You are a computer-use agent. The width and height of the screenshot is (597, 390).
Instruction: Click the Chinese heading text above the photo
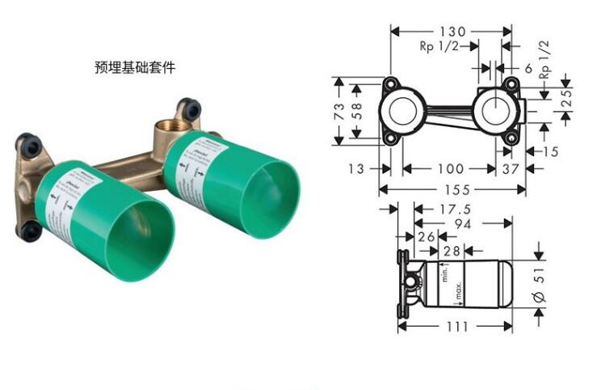click(x=135, y=68)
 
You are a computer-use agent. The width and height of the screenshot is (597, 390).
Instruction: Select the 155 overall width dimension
click(x=452, y=191)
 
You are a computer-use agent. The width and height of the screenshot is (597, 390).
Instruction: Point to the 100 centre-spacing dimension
click(x=449, y=168)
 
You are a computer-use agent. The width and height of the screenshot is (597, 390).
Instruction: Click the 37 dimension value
click(x=511, y=168)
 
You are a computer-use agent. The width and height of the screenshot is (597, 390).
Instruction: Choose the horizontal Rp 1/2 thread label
click(x=439, y=47)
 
